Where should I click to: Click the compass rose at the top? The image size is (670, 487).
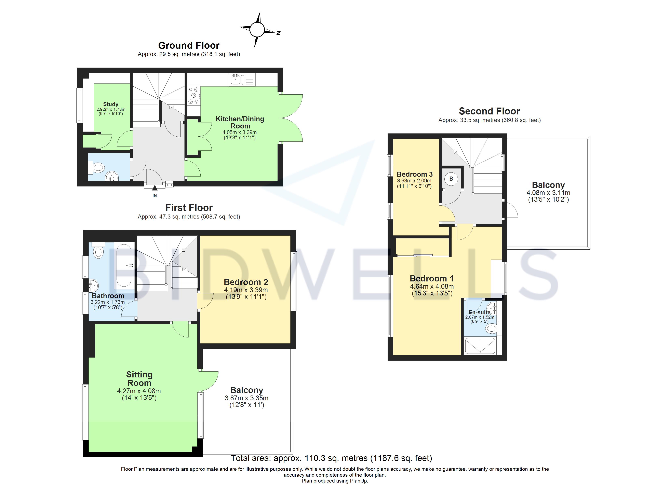(x=257, y=30)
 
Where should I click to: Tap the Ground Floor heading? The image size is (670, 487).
(x=189, y=45)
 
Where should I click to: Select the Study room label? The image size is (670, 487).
(x=111, y=104)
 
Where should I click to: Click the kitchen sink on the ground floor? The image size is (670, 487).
(x=238, y=80)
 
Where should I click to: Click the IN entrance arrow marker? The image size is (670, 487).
(x=155, y=188)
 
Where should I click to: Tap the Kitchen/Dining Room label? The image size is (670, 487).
(x=240, y=123)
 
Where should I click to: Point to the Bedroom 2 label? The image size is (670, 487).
(x=246, y=282)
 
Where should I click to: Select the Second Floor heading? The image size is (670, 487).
(x=489, y=111)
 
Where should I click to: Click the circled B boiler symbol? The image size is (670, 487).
(x=451, y=179)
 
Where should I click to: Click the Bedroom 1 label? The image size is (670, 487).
(x=432, y=278)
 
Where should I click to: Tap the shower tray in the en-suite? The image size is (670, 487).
(x=480, y=346)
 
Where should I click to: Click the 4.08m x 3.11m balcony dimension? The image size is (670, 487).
(x=548, y=193)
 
